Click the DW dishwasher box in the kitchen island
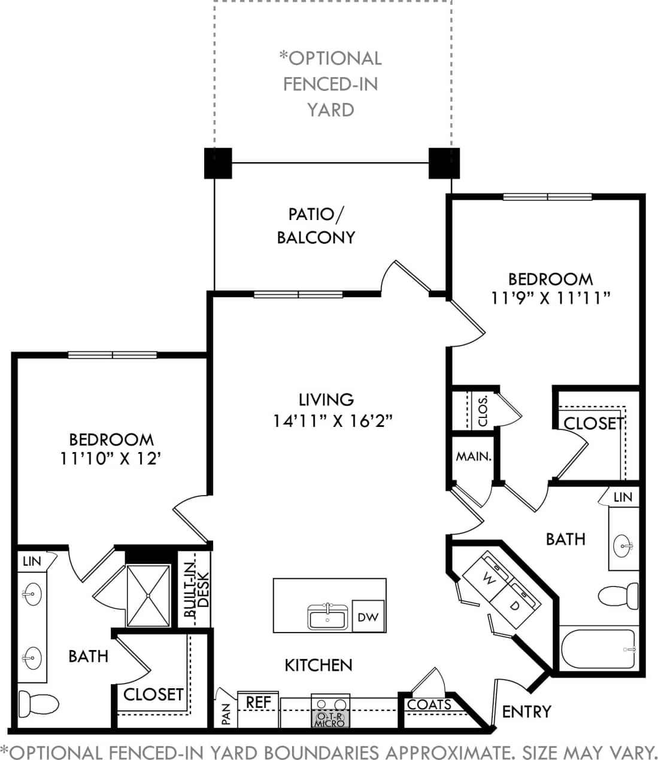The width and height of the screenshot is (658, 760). point(368,616)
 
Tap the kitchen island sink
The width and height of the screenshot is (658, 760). point(328,617)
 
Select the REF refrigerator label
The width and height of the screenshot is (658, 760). point(259,702)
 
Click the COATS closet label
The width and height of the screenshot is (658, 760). point(429,705)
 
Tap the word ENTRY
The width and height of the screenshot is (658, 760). point(526,712)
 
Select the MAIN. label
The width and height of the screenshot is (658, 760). point(474,456)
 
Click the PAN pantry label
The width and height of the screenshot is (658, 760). point(226,714)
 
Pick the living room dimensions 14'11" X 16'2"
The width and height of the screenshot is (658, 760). point(332,420)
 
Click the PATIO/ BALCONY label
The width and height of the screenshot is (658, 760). point(316,226)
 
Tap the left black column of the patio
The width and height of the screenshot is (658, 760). point(218,163)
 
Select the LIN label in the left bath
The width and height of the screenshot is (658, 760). point(32,561)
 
